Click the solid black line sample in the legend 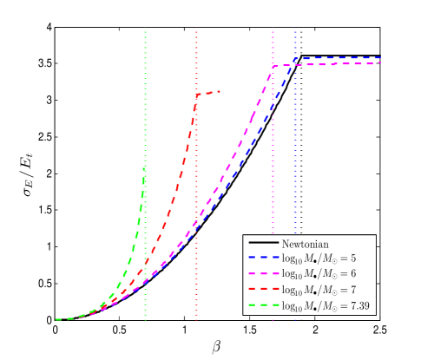coord(262,243)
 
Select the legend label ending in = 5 coord(319,259)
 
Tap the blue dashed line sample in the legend coord(262,258)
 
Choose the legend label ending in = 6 coord(319,273)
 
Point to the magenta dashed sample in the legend coord(262,273)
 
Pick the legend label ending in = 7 coord(319,289)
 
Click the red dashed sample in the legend coord(262,289)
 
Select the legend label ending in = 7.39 coord(326,304)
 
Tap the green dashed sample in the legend coord(262,304)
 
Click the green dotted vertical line coord(145,87)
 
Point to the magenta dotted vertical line coord(273,173)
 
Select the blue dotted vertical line coord(295,173)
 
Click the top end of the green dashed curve coord(144,167)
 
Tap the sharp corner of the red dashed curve coord(198,95)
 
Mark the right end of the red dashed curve coord(220,91)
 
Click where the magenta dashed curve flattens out coord(273,66)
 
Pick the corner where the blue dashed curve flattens coord(296,59)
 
